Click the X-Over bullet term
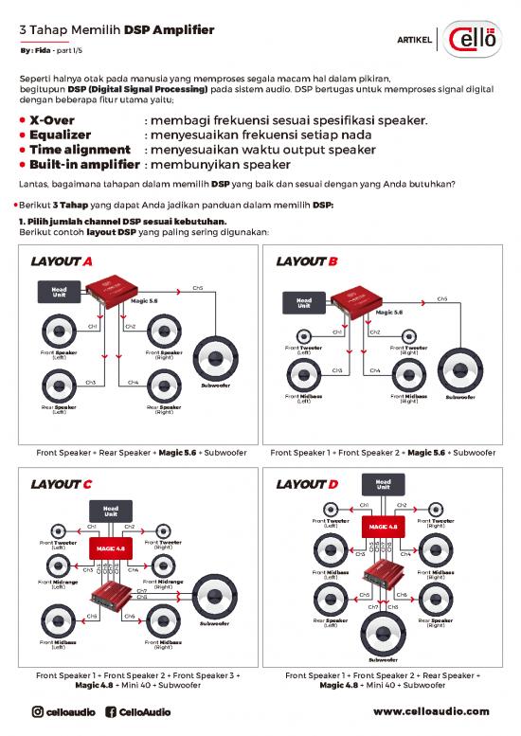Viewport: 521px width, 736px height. pos(59,121)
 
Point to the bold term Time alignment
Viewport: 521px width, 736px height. pos(80,150)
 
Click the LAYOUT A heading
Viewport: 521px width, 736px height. pos(62,261)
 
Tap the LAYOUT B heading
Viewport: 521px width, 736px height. pos(306,261)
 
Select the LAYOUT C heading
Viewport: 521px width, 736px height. pos(62,484)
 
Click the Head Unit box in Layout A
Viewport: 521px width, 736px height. pos(59,292)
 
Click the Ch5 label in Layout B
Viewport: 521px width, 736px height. pos(441,297)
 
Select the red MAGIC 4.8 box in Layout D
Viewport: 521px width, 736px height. pos(383,527)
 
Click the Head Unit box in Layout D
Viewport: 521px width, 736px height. pos(383,484)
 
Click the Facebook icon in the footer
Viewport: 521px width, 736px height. pos(109,711)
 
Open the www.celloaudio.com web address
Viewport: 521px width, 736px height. pos(431,711)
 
